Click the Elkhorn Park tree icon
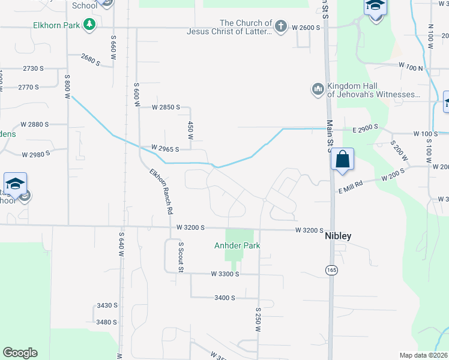coord(89,25)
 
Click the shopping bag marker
coord(342,160)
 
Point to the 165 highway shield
coord(331,270)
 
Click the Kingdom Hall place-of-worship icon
coord(318,89)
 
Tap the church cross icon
coord(280,26)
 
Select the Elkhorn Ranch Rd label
coord(161,191)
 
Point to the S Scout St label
coord(179,257)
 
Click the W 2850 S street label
coord(166,107)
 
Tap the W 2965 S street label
coord(165,148)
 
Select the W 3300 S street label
coord(225,274)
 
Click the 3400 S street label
coord(224,298)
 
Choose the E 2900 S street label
coord(364,129)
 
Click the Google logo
coord(20,353)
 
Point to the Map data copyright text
coord(424,355)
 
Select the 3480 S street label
coord(106,322)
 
